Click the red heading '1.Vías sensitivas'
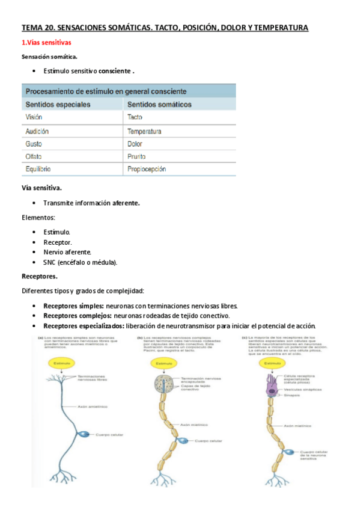[x=46, y=43]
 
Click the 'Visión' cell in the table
[x=34, y=118]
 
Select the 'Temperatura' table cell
[x=144, y=131]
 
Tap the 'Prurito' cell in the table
[x=138, y=157]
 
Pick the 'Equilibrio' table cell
[x=38, y=170]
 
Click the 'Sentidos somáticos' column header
[x=159, y=105]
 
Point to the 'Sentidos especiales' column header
[x=58, y=105]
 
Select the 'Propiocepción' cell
[x=147, y=170]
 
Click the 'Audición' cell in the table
[x=37, y=131]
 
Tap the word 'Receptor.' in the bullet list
[x=59, y=242]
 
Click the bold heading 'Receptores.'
[x=40, y=276]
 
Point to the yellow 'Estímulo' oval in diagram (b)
[x=163, y=364]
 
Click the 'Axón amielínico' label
[x=90, y=407]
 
